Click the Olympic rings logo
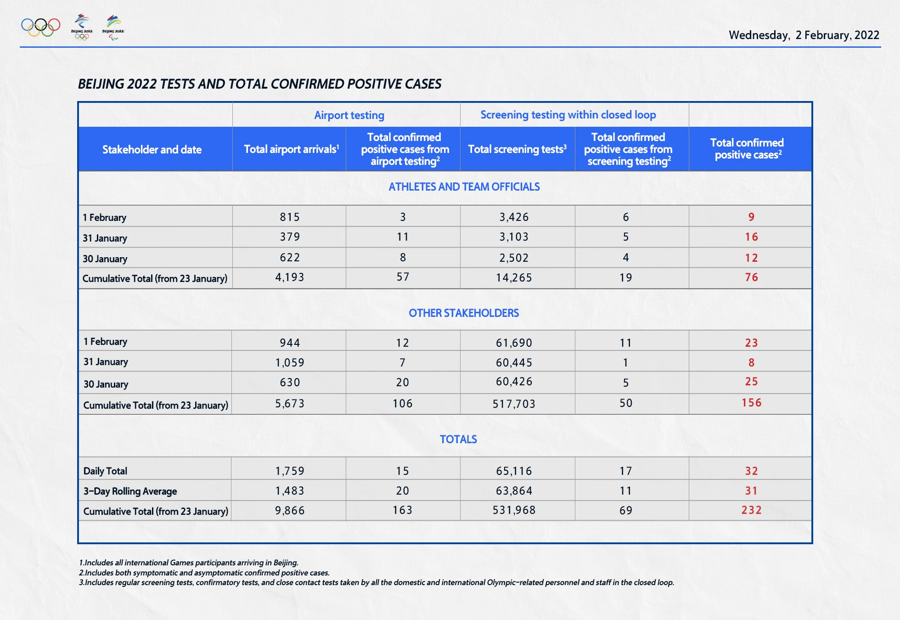pyautogui.click(x=40, y=27)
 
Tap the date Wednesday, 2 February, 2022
pyautogui.click(x=804, y=35)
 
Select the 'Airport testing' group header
pyautogui.click(x=349, y=115)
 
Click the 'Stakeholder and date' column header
pyautogui.click(x=152, y=150)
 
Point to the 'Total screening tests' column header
pyautogui.click(x=517, y=149)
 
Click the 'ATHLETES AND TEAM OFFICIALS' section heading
pyautogui.click(x=464, y=187)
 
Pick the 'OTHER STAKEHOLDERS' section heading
pyautogui.click(x=464, y=313)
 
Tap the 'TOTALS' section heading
pyautogui.click(x=458, y=440)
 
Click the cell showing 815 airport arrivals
pyautogui.click(x=290, y=217)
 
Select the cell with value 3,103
pyautogui.click(x=514, y=237)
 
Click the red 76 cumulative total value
pyautogui.click(x=751, y=277)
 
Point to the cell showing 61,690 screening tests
pyautogui.click(x=514, y=343)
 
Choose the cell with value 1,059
pyautogui.click(x=290, y=363)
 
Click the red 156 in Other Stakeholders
pyautogui.click(x=751, y=403)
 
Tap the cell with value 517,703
pyautogui.click(x=514, y=404)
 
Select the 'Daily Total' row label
pyautogui.click(x=105, y=471)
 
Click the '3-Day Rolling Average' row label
pyautogui.click(x=130, y=491)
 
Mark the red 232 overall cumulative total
pyautogui.click(x=751, y=510)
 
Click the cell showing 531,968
pyautogui.click(x=514, y=510)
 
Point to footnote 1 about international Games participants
pyautogui.click(x=189, y=563)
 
